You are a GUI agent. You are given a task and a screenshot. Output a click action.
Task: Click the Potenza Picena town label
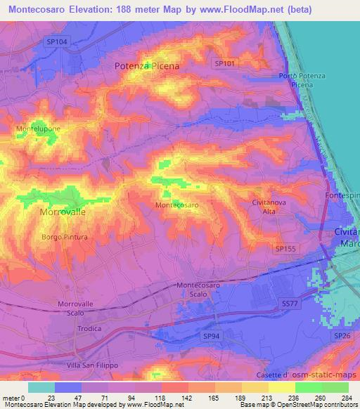[147, 65]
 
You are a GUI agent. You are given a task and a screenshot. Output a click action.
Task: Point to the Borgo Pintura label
[65, 238]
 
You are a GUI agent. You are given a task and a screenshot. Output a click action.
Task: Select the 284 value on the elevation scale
[345, 398]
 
